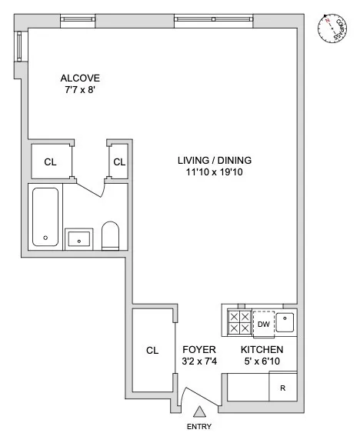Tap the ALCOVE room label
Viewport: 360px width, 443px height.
pos(81,78)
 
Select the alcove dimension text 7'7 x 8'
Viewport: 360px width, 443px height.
pos(81,91)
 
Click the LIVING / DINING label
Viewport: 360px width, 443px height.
pos(215,161)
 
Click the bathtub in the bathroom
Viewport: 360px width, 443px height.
pos(45,217)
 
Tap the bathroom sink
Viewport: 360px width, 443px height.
pos(78,238)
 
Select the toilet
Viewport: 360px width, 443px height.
pos(111,237)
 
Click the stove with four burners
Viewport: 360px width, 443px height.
pos(237,322)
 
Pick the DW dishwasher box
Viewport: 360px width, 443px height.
pos(262,323)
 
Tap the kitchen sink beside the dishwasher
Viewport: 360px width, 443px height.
pos(285,321)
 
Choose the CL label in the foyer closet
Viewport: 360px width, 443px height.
pos(152,351)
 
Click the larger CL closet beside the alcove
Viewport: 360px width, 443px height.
pos(50,162)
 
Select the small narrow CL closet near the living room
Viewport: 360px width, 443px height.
pos(118,162)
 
